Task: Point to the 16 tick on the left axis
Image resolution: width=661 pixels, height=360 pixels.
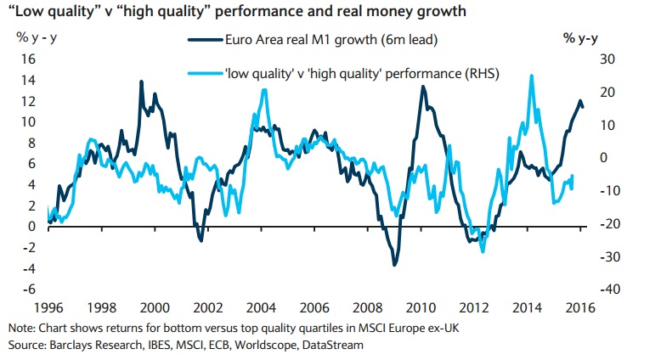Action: click(x=27, y=59)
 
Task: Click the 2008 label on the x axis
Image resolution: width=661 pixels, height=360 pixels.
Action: click(x=368, y=307)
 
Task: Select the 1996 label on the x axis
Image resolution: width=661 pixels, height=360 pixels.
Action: click(x=48, y=307)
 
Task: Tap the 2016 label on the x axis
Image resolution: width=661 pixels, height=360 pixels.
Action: click(x=581, y=307)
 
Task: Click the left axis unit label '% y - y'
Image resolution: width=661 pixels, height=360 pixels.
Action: click(x=31, y=37)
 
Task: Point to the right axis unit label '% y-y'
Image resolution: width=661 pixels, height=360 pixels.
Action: click(x=581, y=37)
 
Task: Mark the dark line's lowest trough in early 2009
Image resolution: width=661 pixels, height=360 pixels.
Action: click(x=394, y=266)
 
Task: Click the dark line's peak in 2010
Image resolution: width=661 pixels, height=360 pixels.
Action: click(x=422, y=87)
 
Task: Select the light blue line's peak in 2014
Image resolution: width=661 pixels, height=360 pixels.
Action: click(x=531, y=76)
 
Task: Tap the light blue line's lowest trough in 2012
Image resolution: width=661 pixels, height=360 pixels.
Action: click(x=483, y=251)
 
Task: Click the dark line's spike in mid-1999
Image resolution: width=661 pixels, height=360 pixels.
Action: click(x=141, y=82)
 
